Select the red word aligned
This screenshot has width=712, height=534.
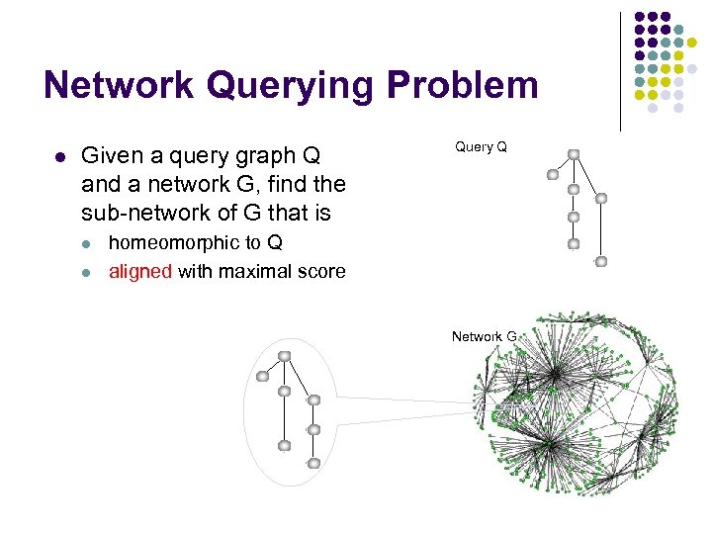[x=140, y=271]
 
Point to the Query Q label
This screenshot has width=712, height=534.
[x=481, y=147]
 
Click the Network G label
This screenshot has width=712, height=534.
[x=485, y=337]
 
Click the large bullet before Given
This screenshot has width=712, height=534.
[x=59, y=156]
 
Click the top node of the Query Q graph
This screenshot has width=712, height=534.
[x=574, y=154]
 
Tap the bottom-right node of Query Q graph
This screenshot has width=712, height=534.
[x=600, y=261]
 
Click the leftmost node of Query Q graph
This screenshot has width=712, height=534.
[x=553, y=175]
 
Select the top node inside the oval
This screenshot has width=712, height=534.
[x=284, y=356]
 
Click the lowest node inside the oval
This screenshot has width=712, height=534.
[x=313, y=463]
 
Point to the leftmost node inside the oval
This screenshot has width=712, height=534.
[x=262, y=376]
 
